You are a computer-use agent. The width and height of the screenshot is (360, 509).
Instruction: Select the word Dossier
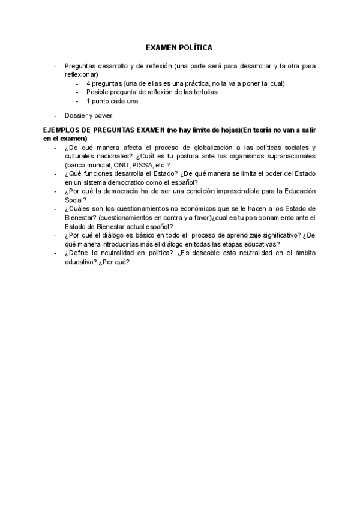pyautogui.click(x=76, y=116)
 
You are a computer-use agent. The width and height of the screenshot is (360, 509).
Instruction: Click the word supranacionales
pyautogui.click(x=291, y=156)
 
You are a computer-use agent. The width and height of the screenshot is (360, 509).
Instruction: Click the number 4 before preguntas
pyautogui.click(x=88, y=83)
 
